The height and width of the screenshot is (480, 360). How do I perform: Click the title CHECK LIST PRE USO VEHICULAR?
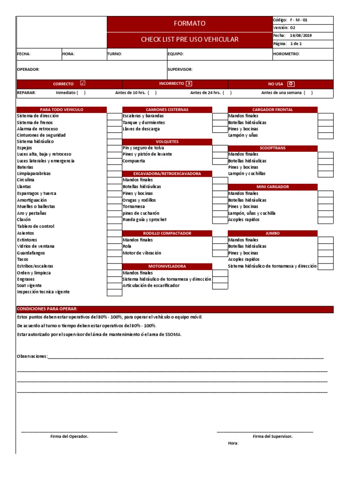(189, 39)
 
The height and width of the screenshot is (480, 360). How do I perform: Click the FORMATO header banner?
(189, 23)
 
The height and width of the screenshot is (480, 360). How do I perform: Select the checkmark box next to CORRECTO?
(83, 83)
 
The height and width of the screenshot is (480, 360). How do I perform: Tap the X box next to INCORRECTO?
(189, 83)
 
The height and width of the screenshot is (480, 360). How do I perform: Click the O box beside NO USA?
(291, 83)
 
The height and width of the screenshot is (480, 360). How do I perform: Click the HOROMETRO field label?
(286, 54)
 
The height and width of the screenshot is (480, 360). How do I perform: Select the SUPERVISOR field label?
(180, 69)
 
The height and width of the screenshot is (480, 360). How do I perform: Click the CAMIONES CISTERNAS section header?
(167, 110)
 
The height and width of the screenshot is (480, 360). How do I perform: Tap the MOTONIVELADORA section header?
(167, 266)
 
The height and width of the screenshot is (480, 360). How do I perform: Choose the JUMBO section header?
(272, 233)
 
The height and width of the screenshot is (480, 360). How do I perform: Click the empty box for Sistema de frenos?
(114, 122)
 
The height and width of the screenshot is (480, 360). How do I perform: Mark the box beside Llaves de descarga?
(220, 129)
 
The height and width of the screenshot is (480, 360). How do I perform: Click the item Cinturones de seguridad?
(41, 135)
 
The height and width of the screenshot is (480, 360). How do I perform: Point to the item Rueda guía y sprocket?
(144, 219)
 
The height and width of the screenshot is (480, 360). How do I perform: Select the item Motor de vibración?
(142, 253)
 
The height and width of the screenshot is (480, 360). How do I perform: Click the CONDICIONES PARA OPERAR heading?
(47, 309)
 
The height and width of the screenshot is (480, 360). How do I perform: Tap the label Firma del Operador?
(69, 436)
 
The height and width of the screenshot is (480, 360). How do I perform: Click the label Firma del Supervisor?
(272, 436)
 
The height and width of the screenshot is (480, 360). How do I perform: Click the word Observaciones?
(32, 356)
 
